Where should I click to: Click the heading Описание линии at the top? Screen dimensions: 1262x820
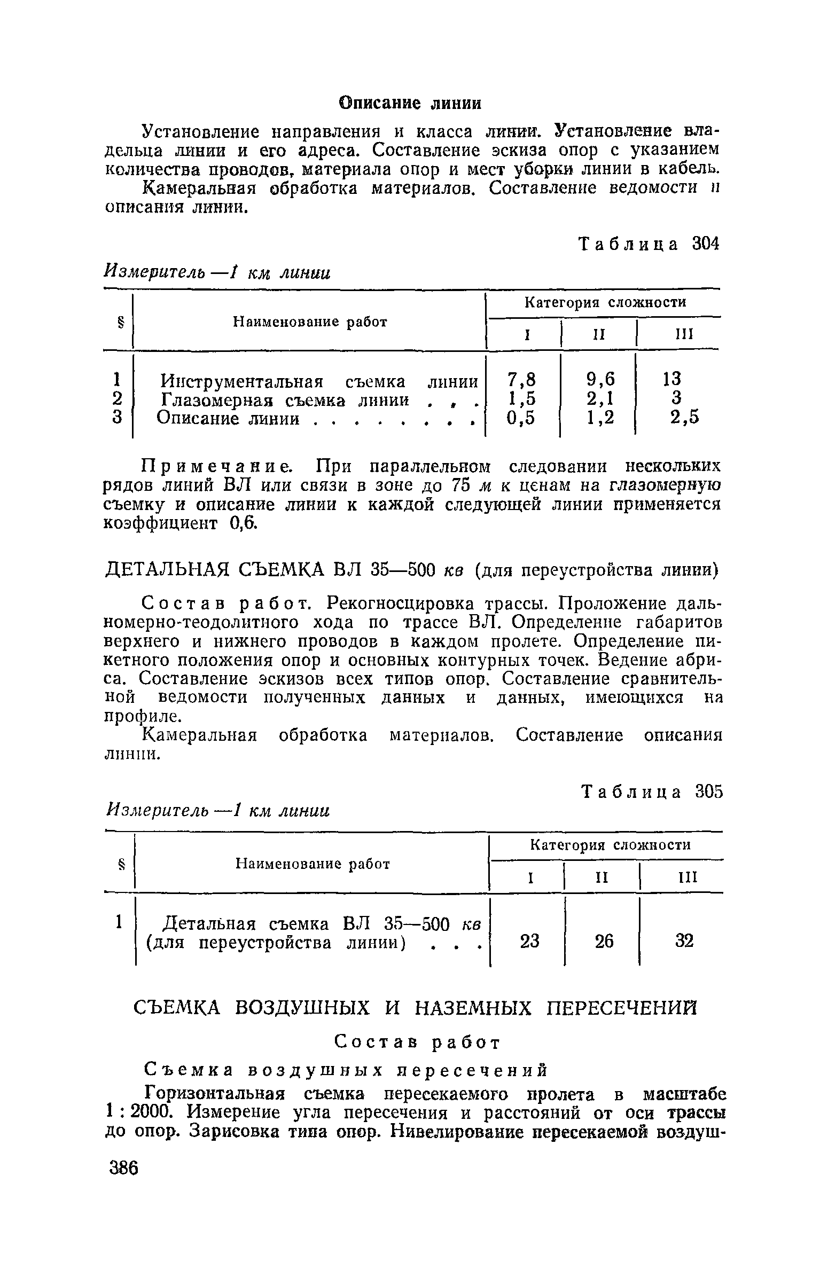tap(410, 103)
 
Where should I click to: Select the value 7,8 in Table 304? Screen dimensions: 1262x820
tap(520, 380)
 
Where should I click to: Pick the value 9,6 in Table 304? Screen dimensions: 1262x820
tap(600, 380)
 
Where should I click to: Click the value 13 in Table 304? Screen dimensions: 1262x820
tap(672, 380)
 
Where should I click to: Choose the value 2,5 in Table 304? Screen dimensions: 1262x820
tap(684, 418)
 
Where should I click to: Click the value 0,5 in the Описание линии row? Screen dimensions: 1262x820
tap(520, 418)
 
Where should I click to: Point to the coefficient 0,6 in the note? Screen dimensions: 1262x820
tap(243, 524)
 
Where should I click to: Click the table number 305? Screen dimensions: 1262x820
tap(708, 791)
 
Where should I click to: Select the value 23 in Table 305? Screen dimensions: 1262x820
tap(529, 940)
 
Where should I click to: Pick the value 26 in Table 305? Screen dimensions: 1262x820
tap(604, 940)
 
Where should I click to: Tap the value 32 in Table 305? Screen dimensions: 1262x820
tap(684, 940)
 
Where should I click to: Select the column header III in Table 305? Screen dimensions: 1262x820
tap(686, 877)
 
